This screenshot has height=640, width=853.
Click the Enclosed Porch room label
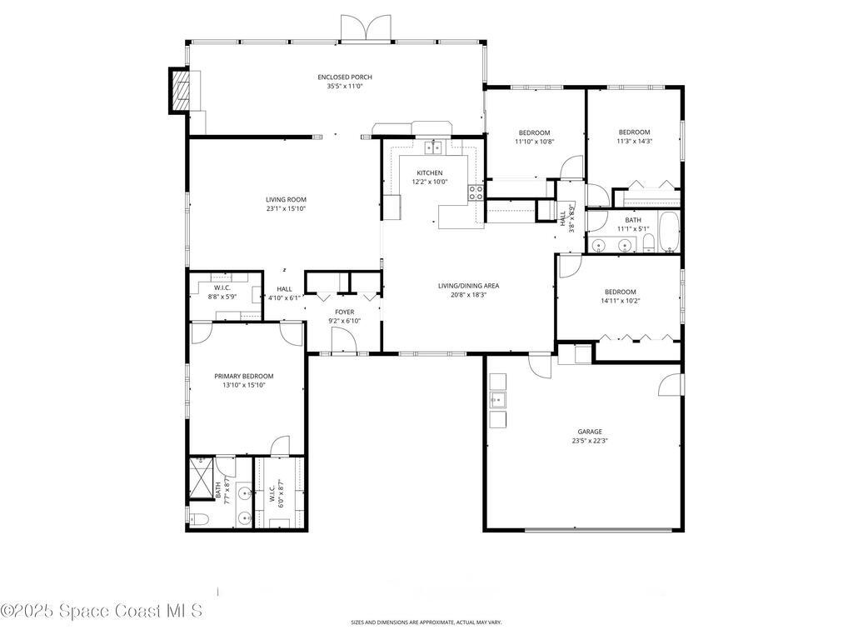pyautogui.click(x=344, y=77)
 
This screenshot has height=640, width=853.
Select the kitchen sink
pyautogui.click(x=434, y=148)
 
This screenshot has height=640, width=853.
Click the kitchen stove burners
pyautogui.click(x=476, y=193)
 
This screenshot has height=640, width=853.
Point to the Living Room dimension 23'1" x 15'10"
pyautogui.click(x=286, y=209)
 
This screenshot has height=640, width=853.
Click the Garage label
pyautogui.click(x=590, y=432)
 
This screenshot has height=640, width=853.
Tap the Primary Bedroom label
pyautogui.click(x=243, y=376)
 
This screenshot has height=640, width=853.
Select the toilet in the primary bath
pyautogui.click(x=198, y=519)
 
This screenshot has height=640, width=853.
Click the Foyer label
pyautogui.click(x=344, y=312)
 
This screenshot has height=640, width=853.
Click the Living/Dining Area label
pyautogui.click(x=468, y=286)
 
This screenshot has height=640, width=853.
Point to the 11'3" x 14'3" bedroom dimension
pyautogui.click(x=634, y=141)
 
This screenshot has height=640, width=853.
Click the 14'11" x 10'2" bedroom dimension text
pyautogui.click(x=620, y=301)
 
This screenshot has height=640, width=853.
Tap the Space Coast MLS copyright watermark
pyautogui.click(x=101, y=611)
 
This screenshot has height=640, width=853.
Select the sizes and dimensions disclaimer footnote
pyautogui.click(x=426, y=622)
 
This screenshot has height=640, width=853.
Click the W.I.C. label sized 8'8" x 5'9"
pyautogui.click(x=222, y=287)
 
